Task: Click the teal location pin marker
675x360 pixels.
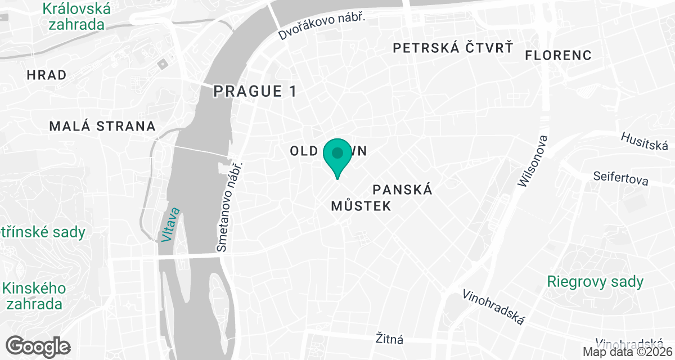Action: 337,155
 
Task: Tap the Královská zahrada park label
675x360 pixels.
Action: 76,16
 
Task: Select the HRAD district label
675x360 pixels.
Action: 47,75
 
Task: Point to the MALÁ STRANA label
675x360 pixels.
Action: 102,126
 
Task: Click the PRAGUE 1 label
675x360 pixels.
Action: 255,91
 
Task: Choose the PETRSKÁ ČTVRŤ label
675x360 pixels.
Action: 453,48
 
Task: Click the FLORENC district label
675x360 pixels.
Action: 558,55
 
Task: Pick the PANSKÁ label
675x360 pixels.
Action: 403,190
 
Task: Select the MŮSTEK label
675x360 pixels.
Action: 361,206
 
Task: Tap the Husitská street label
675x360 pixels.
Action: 647,141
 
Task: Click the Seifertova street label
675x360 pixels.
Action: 620,178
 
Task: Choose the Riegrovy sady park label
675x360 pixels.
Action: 595,281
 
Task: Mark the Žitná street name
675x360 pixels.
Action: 390,339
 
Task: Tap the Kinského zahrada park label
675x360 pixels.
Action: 34,296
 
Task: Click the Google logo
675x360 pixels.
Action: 39,346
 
